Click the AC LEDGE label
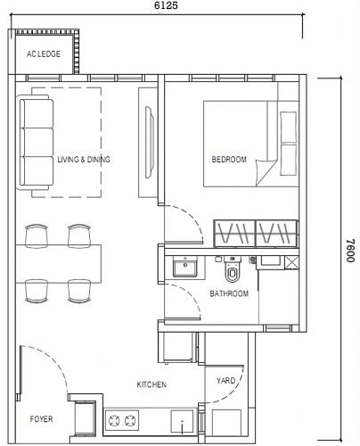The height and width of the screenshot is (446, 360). pos(44,54)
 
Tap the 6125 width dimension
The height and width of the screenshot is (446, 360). pos(166,5)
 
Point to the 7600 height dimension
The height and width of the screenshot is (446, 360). pos(350,251)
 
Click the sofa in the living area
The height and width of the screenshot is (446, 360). pos(35,142)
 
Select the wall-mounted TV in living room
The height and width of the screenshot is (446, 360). pos(150,142)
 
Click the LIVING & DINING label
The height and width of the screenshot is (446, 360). pos(84,160)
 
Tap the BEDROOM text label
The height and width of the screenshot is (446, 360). pos(229,160)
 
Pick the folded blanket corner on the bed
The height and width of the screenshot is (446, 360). pos(266,172)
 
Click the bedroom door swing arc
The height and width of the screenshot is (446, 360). pos(191,215)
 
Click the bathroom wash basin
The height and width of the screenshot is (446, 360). pos(185,267)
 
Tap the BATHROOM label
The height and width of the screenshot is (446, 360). pos(229,293)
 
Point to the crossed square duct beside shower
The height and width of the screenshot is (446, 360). pos(291,262)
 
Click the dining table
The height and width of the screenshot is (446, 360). pos(58,264)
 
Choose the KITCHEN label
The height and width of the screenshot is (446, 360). pos(151,384)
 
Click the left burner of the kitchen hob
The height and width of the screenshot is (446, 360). pos(114,420)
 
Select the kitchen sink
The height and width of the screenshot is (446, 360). pos(182,421)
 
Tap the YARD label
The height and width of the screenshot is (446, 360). pos(225,381)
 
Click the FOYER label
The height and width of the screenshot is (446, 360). pos(41,419)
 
